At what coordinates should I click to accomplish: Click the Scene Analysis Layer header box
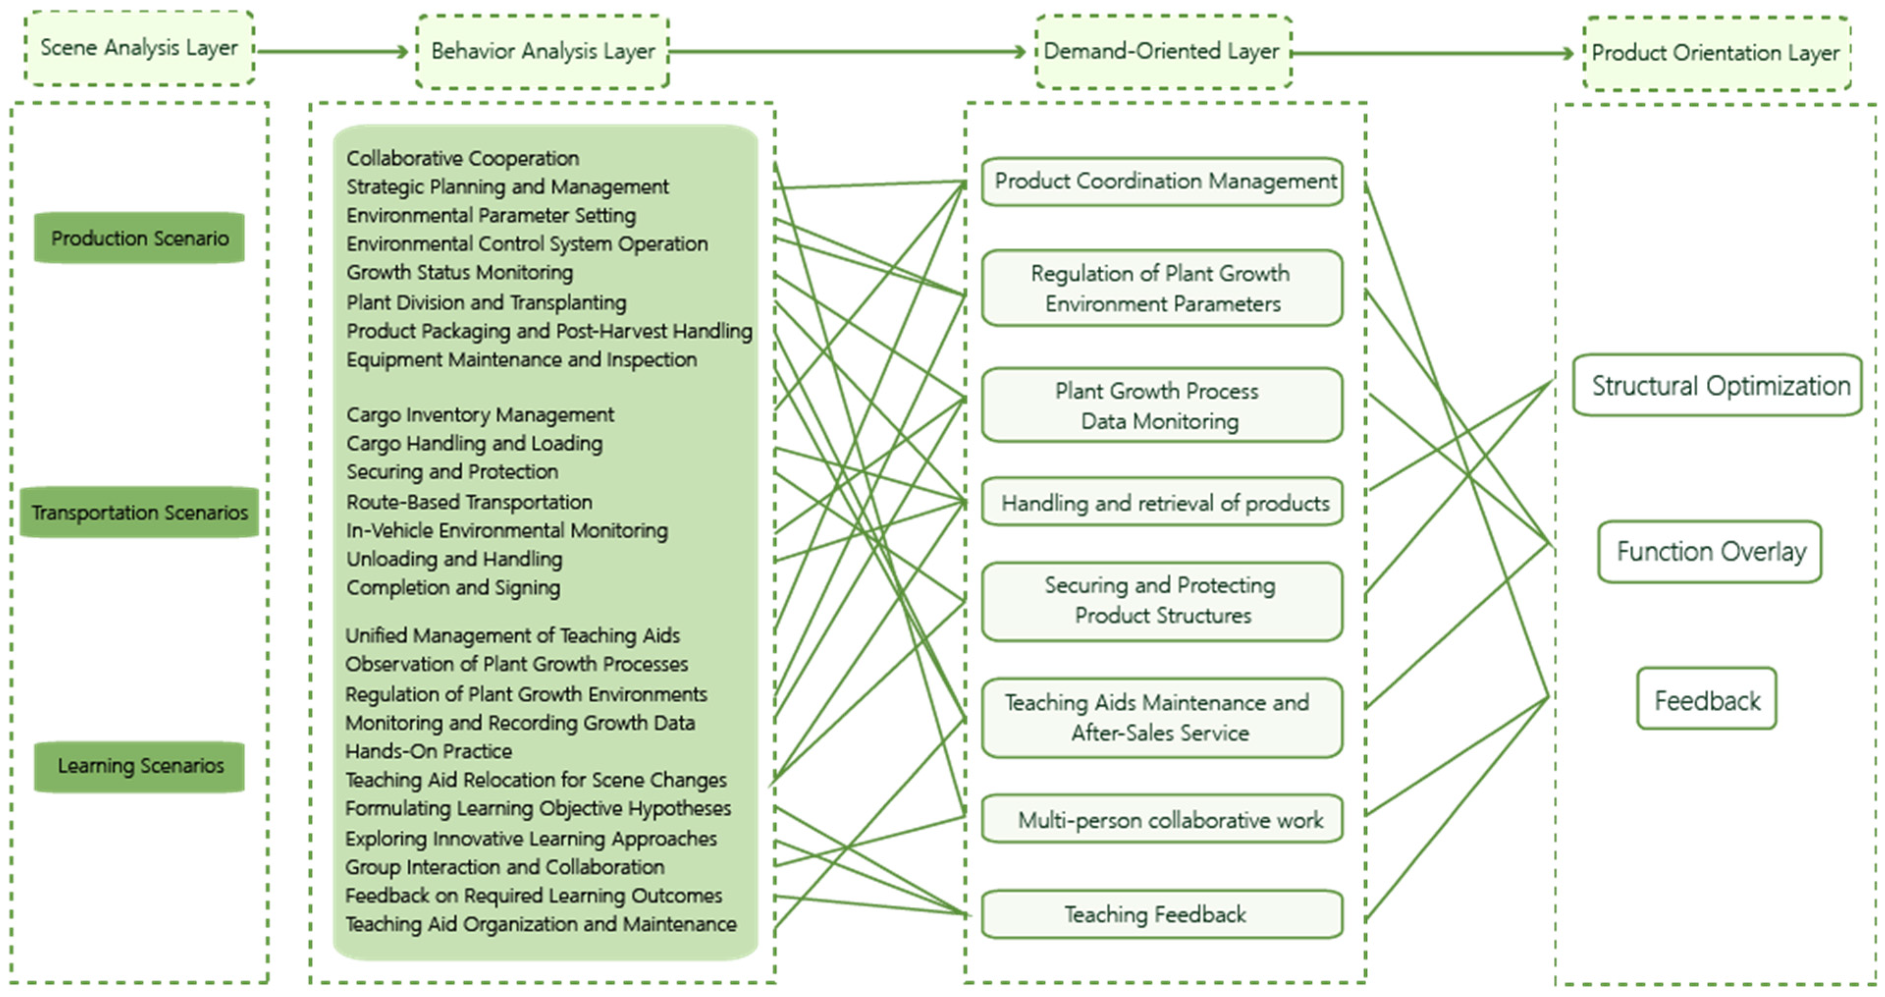[139, 48]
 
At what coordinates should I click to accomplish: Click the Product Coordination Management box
[1162, 181]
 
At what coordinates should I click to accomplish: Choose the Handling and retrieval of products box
[1162, 503]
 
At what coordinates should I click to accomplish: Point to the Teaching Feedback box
[1162, 914]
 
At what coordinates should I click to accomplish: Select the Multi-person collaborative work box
[1162, 819]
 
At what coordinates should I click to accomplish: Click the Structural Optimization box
[1717, 385]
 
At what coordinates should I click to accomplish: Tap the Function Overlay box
[1710, 552]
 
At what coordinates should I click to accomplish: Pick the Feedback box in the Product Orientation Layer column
[1706, 700]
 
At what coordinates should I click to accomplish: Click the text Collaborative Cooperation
[462, 158]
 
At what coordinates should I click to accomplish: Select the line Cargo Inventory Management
[480, 415]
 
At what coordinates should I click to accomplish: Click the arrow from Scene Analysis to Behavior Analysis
[333, 51]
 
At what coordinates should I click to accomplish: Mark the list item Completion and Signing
[453, 588]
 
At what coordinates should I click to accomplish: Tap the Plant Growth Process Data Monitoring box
[1162, 405]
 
